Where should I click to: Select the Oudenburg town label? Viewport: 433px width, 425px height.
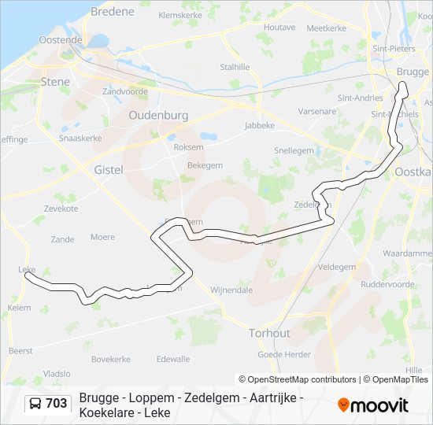158,115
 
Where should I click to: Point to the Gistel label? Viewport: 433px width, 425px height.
109,169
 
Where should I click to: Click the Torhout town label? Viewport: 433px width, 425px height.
268,332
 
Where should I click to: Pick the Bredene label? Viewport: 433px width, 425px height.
113,12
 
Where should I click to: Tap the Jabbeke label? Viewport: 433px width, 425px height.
260,124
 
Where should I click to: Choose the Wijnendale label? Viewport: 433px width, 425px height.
231,290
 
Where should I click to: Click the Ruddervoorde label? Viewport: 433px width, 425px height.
386,284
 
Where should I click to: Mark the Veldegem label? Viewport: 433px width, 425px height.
336,267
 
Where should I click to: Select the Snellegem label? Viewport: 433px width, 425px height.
294,150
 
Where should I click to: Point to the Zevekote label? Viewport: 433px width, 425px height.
61,209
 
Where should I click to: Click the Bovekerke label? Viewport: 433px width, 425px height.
110,359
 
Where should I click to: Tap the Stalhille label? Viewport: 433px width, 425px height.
235,67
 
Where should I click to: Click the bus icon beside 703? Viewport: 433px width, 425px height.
35,405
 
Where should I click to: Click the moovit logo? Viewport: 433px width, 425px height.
373,405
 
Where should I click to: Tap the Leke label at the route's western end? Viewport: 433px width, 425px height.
26,269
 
